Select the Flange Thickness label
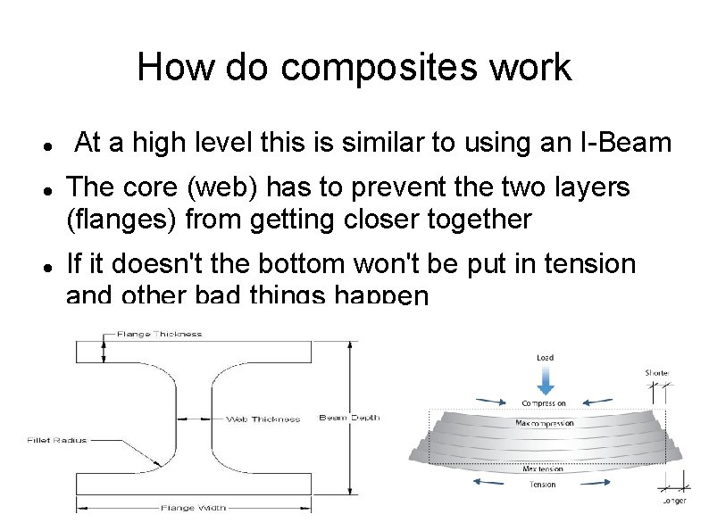tap(159, 334)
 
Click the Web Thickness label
tap(263, 419)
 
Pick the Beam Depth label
tap(349, 418)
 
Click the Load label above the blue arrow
tap(545, 358)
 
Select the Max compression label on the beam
tap(545, 423)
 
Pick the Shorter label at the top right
tap(657, 373)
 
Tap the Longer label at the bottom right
tap(674, 501)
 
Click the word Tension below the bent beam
tap(543, 485)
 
